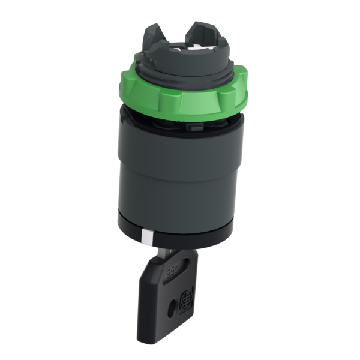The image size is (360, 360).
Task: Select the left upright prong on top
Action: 152,35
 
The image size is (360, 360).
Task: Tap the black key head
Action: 174,294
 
